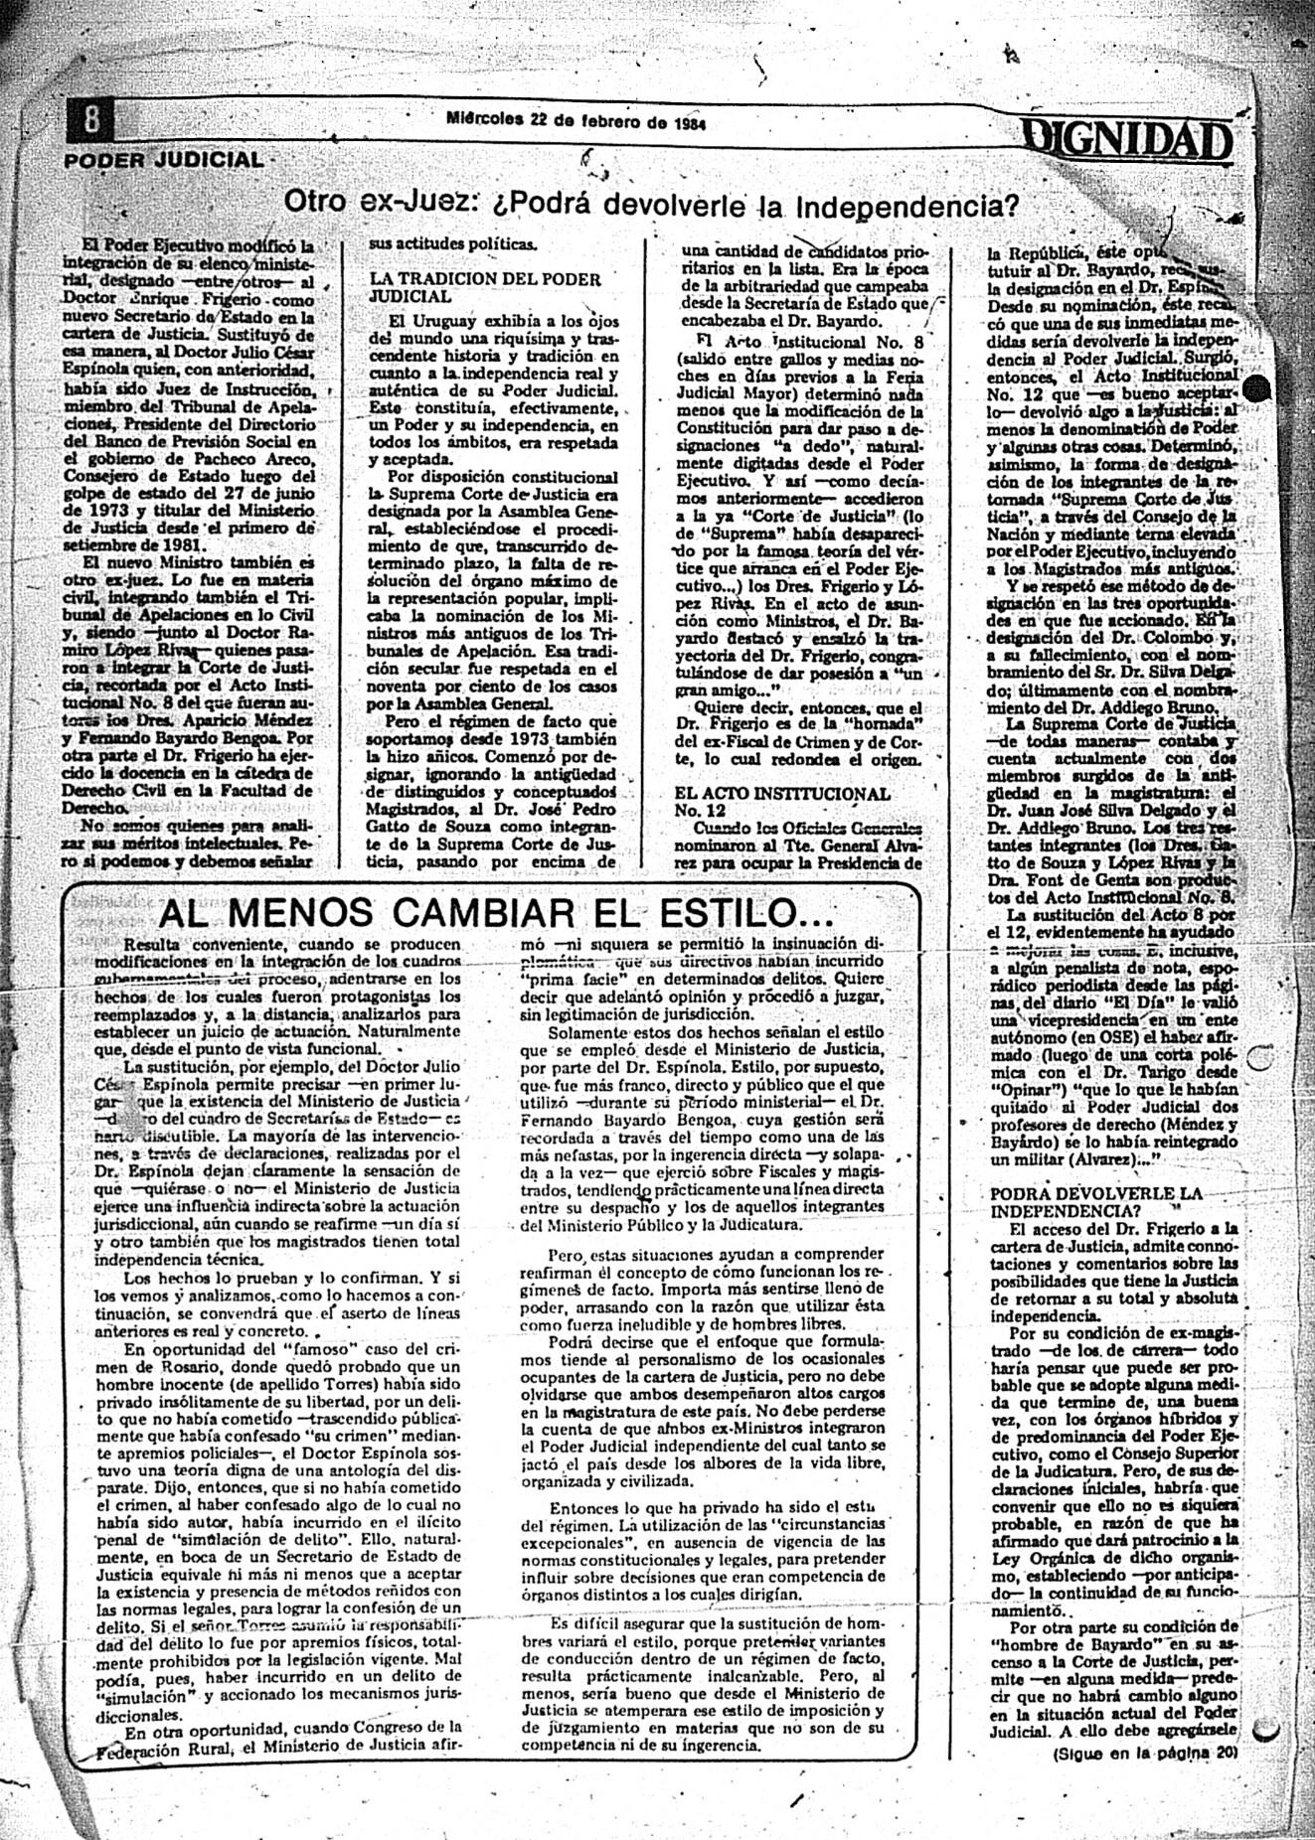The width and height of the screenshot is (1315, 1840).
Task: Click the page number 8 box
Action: pos(91,121)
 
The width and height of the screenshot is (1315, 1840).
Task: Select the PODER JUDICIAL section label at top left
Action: pos(165,160)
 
